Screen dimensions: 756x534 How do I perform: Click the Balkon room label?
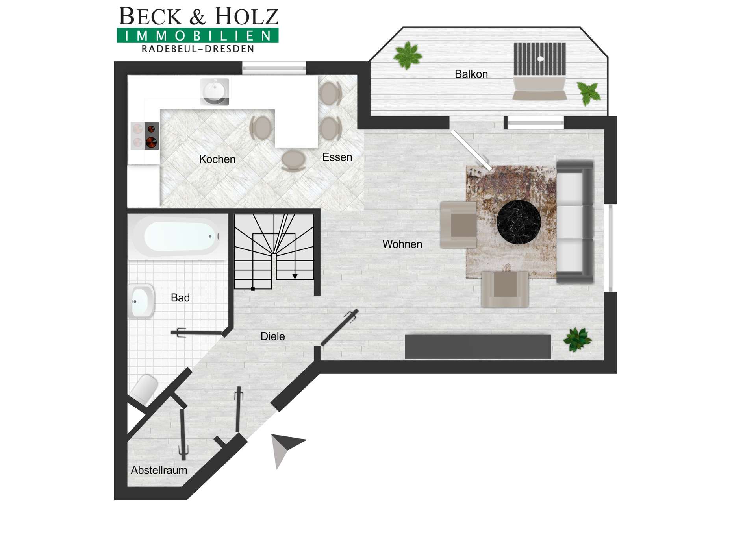click(471, 74)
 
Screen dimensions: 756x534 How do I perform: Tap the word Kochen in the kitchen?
click(217, 159)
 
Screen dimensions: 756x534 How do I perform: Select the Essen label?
click(337, 157)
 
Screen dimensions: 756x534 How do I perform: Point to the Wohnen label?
click(402, 244)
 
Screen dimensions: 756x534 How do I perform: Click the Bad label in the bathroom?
click(180, 297)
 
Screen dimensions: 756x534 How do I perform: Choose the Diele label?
click(272, 336)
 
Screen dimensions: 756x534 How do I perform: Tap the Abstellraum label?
click(159, 470)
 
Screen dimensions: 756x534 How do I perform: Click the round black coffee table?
click(519, 222)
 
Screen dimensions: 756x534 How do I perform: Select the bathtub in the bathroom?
click(178, 237)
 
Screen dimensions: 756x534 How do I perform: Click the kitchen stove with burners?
click(145, 136)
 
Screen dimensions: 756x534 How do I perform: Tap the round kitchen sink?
click(215, 92)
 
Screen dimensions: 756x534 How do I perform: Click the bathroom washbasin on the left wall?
click(141, 301)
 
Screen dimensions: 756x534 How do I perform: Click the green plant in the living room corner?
click(577, 339)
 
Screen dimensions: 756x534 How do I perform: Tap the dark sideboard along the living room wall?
click(478, 347)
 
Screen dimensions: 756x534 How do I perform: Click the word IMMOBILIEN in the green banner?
click(198, 36)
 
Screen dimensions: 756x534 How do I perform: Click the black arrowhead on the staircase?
click(295, 276)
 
